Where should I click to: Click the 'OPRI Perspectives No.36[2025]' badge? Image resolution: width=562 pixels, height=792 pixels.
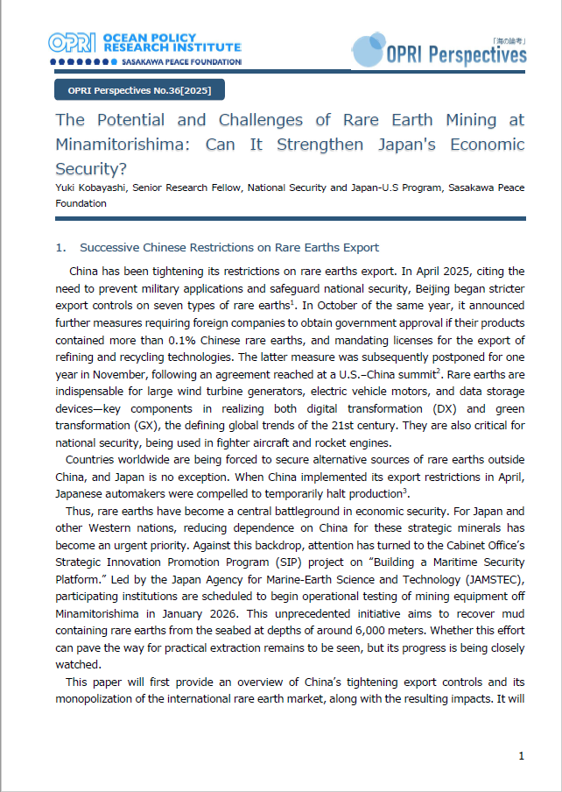pos(139,89)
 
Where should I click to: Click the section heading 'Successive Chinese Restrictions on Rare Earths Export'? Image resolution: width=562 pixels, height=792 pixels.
pos(229,248)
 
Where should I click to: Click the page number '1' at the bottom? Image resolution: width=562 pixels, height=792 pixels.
pos(522,755)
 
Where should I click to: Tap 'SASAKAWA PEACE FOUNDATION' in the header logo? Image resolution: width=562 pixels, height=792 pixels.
pos(172,62)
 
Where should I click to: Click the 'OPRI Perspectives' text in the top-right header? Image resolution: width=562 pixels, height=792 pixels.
pos(455,55)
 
